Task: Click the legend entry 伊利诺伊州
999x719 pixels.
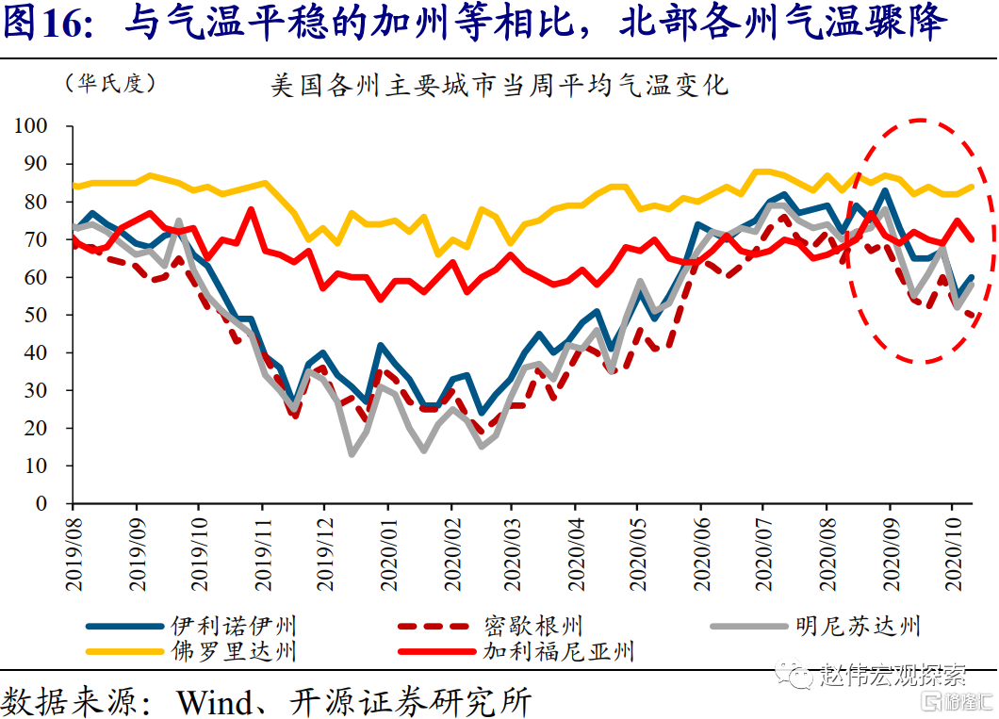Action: (x=233, y=625)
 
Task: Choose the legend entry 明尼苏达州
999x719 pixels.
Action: (x=857, y=625)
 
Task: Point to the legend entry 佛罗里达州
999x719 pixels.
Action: (x=233, y=650)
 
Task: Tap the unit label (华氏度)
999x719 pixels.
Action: (x=110, y=83)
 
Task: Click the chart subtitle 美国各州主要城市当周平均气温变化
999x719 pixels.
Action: (x=499, y=86)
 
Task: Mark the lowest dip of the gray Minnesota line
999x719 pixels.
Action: (x=352, y=454)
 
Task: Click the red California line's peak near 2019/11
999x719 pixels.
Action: (x=251, y=209)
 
